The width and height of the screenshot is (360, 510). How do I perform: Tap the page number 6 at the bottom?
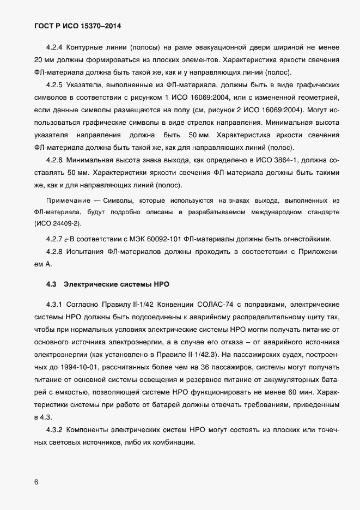click(36, 482)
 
